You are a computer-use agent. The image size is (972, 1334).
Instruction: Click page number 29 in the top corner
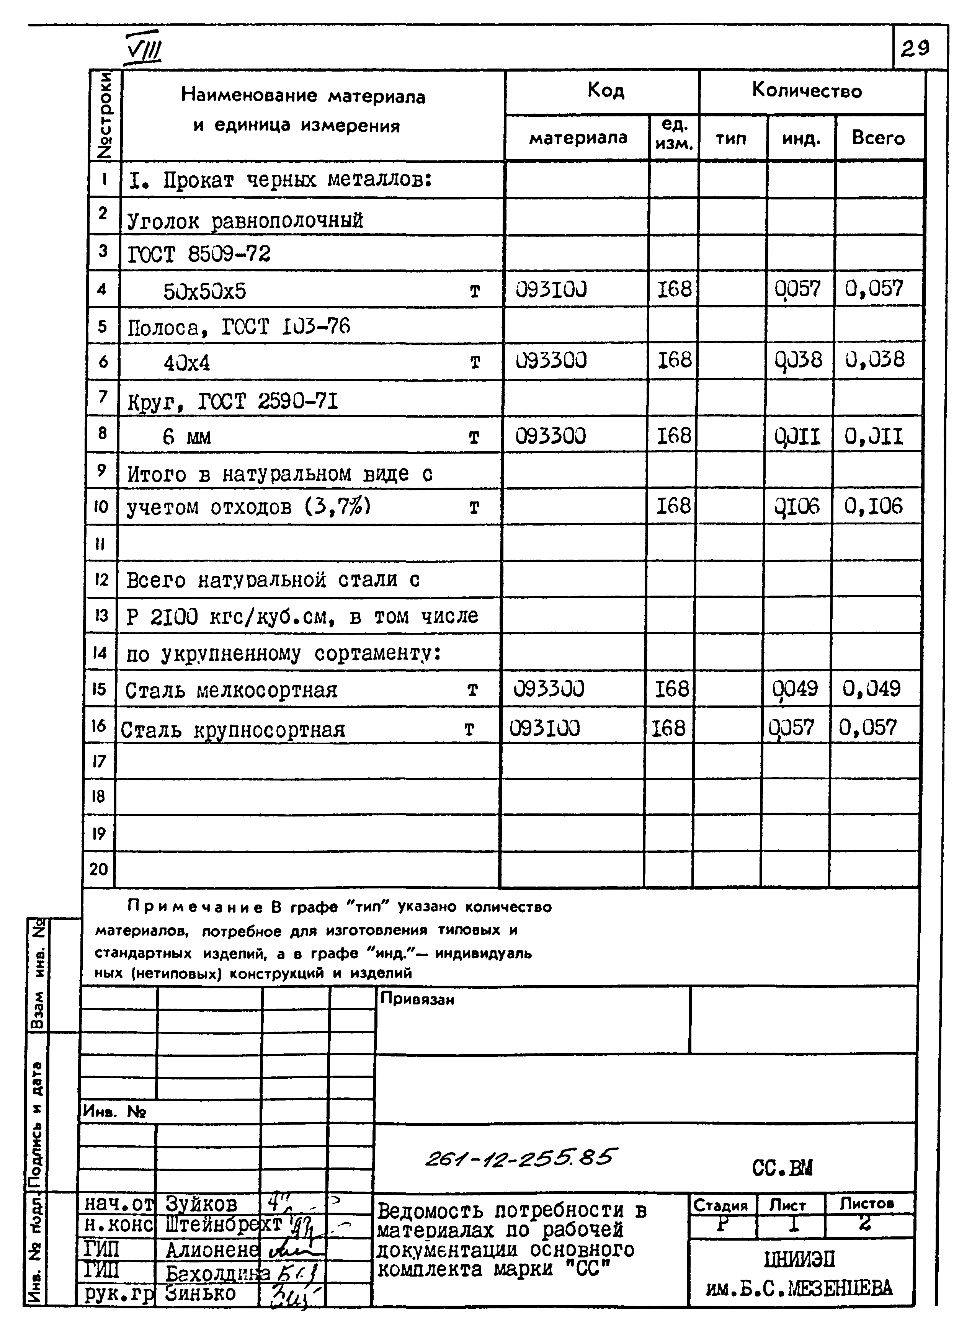tap(915, 47)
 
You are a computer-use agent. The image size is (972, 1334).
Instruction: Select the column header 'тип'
tap(731, 138)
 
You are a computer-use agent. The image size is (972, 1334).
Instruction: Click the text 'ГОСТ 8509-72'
tap(199, 255)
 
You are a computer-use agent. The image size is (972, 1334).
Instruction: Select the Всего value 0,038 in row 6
tap(874, 359)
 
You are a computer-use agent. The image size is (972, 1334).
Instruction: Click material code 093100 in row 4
tap(551, 289)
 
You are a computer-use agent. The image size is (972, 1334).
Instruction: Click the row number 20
tap(98, 869)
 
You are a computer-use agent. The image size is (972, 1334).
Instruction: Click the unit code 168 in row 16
tap(668, 728)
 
